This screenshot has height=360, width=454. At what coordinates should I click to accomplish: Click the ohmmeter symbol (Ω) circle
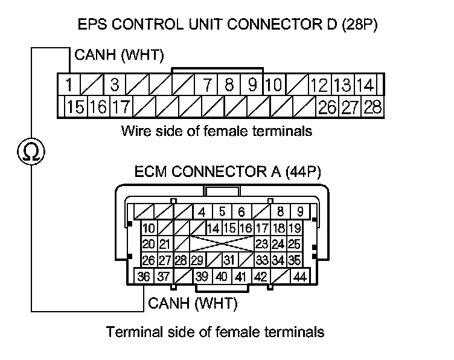coord(30,151)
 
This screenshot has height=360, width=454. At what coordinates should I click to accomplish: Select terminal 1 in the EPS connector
coord(70,84)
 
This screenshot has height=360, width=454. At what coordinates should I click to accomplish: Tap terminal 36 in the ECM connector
coord(144,277)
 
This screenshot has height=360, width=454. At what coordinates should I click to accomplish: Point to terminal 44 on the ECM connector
coord(299,277)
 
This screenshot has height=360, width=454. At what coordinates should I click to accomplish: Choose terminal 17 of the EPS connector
coord(122,108)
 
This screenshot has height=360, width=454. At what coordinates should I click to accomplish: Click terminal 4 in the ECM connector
coord(202,212)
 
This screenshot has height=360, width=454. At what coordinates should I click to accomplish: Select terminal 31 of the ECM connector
coord(228,261)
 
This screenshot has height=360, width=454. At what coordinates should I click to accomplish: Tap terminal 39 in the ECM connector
coord(202,277)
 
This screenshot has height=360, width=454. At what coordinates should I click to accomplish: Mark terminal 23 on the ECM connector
coord(261,245)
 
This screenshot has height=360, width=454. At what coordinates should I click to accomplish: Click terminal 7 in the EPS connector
coord(207,84)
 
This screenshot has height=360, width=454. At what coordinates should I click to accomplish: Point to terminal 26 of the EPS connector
coord(327,108)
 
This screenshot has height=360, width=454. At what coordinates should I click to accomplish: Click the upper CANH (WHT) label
coord(118,56)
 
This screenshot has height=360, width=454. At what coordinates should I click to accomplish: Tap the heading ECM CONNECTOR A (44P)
coord(227,172)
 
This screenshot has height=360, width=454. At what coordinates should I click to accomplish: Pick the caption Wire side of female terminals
coord(217,130)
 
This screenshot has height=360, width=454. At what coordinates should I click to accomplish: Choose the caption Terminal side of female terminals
coord(216,332)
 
